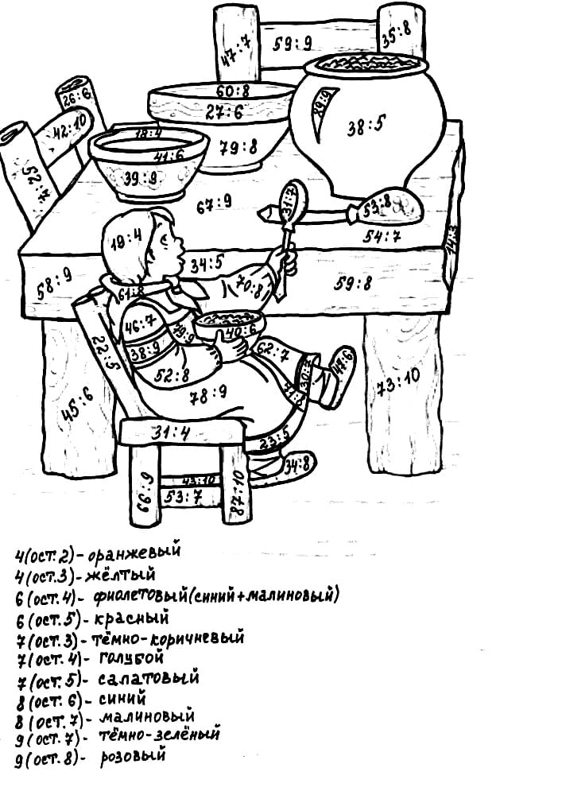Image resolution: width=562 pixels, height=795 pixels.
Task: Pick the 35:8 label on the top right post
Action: click(395, 33)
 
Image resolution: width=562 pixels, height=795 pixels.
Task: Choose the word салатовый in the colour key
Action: click(149, 680)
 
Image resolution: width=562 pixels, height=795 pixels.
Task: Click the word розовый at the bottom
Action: click(133, 757)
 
